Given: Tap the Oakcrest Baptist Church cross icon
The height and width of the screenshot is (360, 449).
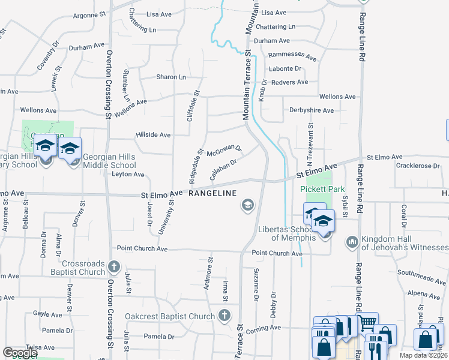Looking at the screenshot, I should (x=224, y=316).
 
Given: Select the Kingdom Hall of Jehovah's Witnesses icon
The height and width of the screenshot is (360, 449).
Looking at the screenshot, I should (x=352, y=242).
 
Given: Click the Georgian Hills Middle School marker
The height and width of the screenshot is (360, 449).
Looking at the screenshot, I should (x=70, y=148).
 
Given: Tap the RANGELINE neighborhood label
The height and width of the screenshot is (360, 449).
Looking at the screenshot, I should (x=213, y=193).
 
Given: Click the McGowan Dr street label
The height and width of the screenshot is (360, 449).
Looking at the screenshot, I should (x=224, y=152).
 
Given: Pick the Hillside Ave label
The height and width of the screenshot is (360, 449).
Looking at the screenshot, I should (x=154, y=136).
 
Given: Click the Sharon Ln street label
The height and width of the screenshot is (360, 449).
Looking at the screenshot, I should (x=171, y=77).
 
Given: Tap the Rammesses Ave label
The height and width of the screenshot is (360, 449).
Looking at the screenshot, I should (x=292, y=58).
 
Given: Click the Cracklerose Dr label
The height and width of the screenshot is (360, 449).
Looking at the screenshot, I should (x=418, y=165).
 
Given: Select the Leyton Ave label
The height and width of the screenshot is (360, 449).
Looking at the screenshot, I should (x=128, y=175).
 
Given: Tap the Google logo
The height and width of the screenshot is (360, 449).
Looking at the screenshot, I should (x=20, y=353).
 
